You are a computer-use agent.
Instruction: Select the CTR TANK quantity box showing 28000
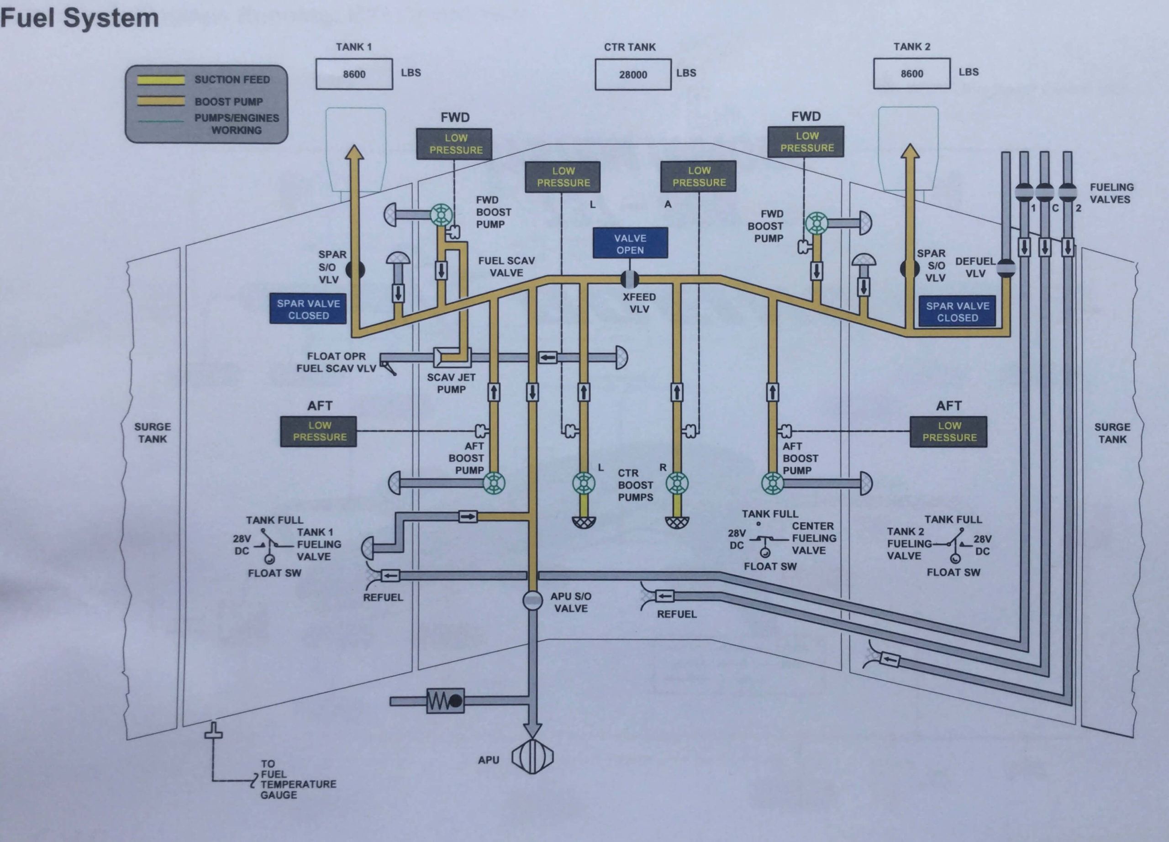tap(633, 75)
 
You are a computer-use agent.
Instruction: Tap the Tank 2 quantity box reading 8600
tap(911, 74)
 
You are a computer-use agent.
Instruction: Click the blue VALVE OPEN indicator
tap(630, 244)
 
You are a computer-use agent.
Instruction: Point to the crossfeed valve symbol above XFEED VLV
tap(629, 279)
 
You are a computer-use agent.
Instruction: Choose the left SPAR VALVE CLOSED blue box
tap(308, 309)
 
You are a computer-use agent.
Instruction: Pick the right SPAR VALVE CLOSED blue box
tap(957, 312)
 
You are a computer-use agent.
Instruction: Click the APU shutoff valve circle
tap(532, 600)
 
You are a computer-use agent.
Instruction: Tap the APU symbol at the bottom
tap(532, 757)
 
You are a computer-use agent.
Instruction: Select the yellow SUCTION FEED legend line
tap(161, 80)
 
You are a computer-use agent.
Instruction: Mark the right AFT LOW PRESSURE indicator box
tap(948, 432)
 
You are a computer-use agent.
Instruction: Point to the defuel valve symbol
tap(1006, 268)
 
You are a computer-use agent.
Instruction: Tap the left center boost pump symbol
tap(584, 484)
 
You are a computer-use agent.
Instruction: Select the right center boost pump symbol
tap(677, 484)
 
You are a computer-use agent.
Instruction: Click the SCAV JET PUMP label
tap(451, 384)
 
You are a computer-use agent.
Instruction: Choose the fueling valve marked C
tap(1044, 192)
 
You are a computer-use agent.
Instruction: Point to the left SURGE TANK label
tap(153, 433)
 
